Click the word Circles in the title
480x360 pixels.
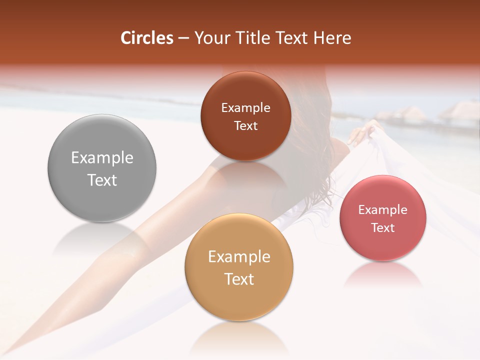[146, 38]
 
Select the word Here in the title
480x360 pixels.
[333, 38]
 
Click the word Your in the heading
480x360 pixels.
[210, 38]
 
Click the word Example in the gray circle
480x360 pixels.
[102, 158]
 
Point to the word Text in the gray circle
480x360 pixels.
[102, 180]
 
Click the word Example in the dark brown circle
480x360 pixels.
[245, 108]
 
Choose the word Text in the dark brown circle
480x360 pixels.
[245, 126]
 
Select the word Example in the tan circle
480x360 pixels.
[239, 257]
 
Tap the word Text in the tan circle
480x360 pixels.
[239, 279]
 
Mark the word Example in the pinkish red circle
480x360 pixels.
[383, 210]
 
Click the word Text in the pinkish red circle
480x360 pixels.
[383, 228]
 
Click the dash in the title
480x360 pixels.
[183, 38]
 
